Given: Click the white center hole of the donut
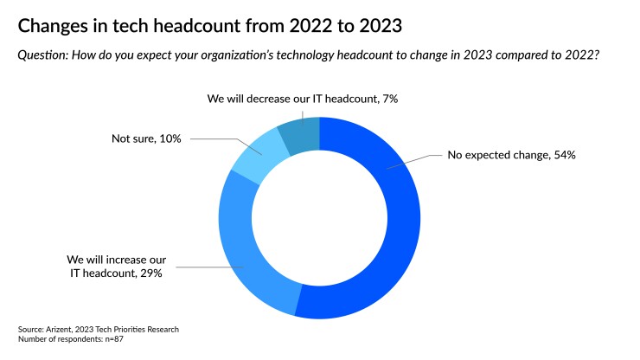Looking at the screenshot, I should (x=320, y=217).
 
